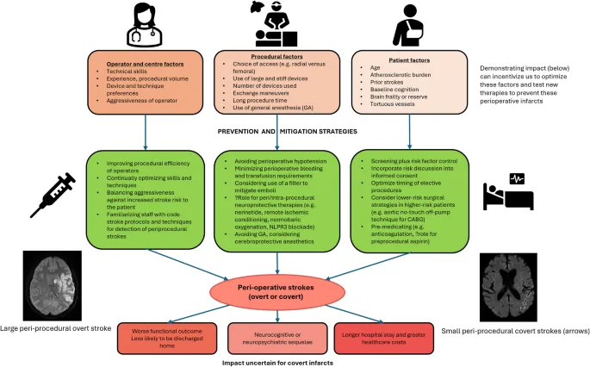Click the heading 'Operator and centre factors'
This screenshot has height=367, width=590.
[x=135, y=63]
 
